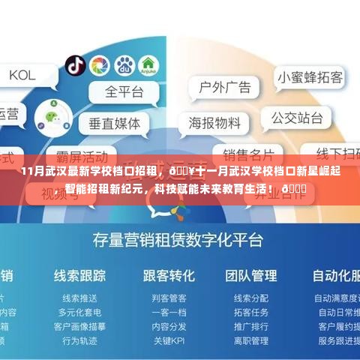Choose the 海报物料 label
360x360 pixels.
214,121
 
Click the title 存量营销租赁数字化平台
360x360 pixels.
178,239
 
